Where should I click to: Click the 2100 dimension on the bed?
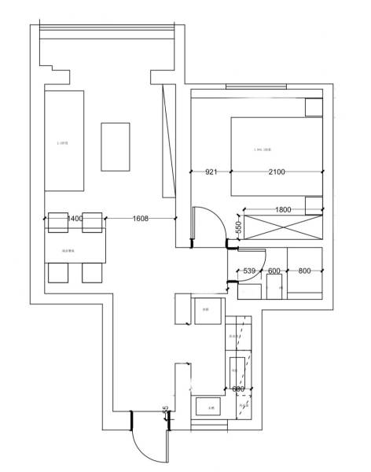[276, 171]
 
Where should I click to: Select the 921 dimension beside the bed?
[211, 171]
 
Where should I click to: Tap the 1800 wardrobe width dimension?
[282, 209]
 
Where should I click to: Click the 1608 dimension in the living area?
[141, 218]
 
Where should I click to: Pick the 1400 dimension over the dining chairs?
[75, 218]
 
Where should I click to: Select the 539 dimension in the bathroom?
[249, 271]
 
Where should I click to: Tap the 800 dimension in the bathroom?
[303, 271]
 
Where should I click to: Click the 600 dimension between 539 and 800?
[274, 271]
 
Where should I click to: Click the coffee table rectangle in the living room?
[116, 146]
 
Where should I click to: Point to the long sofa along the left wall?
[64, 141]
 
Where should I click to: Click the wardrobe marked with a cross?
[283, 227]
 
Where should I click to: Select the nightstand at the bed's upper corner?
[314, 107]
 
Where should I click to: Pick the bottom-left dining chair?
[60, 272]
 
